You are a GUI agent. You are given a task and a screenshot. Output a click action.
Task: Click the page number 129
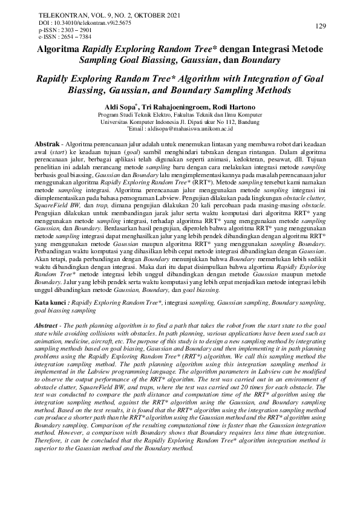[x=321, y=25]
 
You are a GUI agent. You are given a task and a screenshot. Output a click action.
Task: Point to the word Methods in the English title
[x=273, y=90]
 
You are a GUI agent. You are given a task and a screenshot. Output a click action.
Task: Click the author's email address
[x=192, y=129]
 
